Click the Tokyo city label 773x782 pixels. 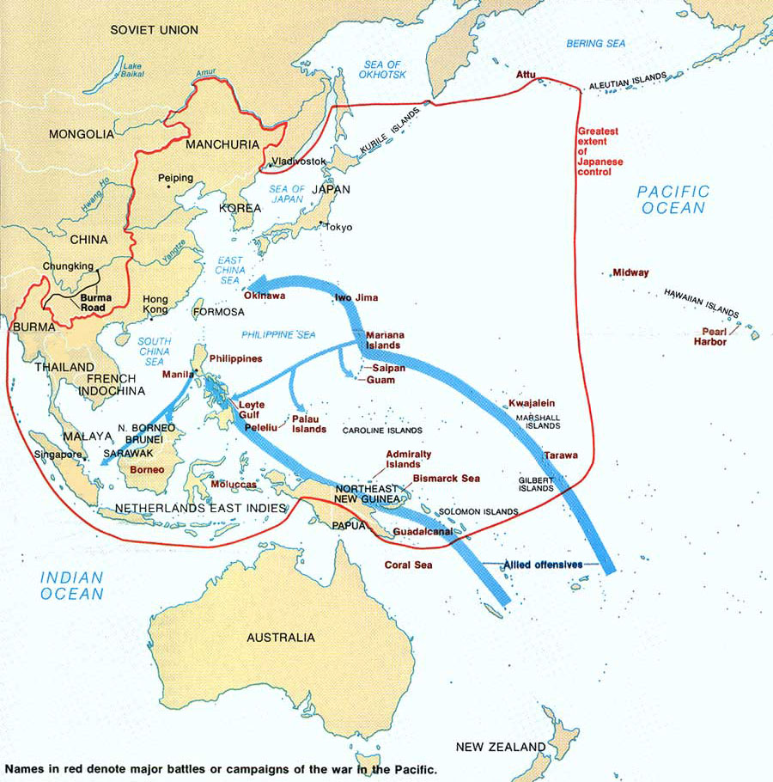(x=338, y=227)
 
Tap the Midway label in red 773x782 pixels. (x=630, y=272)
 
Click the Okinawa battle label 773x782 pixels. (x=265, y=296)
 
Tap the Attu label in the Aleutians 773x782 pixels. (x=526, y=76)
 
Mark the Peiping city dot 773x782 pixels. (x=168, y=186)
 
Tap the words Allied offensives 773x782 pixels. (x=544, y=564)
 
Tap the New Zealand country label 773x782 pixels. (x=500, y=746)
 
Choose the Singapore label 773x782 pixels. (x=58, y=454)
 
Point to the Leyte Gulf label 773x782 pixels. (x=252, y=409)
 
